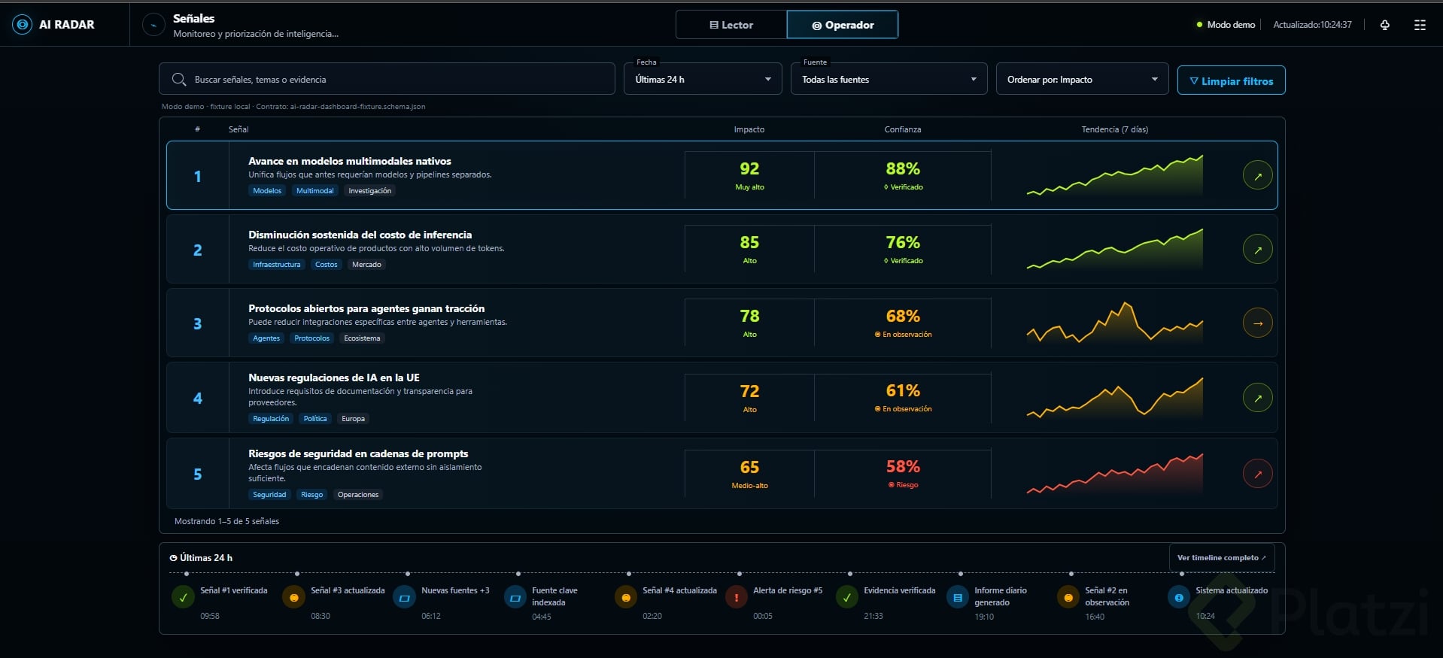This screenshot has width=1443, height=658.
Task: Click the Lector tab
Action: pos(731,25)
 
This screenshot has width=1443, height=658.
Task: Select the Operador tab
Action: pos(843,25)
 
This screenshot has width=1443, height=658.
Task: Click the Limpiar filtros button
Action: pos(1231,80)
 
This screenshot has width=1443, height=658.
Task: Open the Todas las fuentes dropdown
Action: pos(889,79)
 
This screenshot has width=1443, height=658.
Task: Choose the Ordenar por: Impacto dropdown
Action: pos(1082,79)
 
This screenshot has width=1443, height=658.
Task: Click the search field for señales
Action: pos(387,79)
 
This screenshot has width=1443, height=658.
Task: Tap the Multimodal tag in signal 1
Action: pos(314,191)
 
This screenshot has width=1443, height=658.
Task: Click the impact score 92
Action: pos(749,168)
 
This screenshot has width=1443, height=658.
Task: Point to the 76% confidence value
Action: pos(903,242)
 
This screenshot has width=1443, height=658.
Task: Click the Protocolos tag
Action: pos(311,338)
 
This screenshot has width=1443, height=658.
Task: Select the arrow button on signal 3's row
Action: pos(1258,323)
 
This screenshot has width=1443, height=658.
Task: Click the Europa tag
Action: pos(353,419)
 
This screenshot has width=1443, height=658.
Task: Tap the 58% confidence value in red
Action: pos(903,466)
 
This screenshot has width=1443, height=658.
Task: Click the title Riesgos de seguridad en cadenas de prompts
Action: pos(358,453)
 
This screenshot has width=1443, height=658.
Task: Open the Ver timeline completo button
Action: pos(1222,558)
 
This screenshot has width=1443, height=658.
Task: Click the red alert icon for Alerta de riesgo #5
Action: pos(736,597)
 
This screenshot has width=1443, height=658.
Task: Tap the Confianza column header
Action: pos(903,129)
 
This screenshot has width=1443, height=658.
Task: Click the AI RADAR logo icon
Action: pos(23,25)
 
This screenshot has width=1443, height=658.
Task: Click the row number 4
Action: pos(198,398)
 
